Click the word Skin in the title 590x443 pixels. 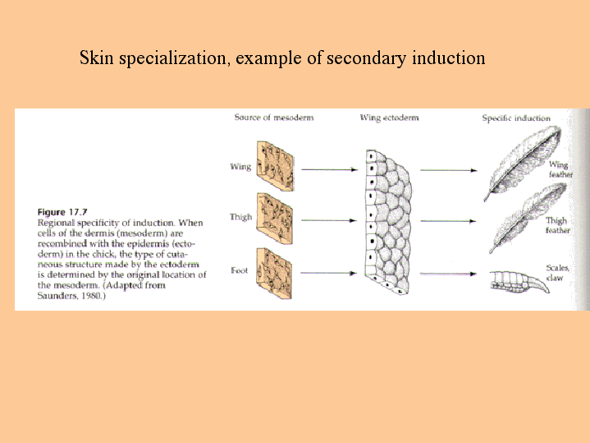pyautogui.click(x=96, y=58)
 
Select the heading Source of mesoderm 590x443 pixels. pyautogui.click(x=274, y=118)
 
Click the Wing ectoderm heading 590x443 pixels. pyautogui.click(x=390, y=118)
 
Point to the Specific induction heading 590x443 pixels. pyautogui.click(x=516, y=118)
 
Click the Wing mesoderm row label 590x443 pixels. pyautogui.click(x=240, y=167)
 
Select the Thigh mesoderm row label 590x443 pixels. pyautogui.click(x=240, y=217)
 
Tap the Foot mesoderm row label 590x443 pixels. pyautogui.click(x=240, y=270)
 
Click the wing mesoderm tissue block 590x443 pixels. pyautogui.click(x=275, y=166)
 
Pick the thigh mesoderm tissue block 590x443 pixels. pyautogui.click(x=275, y=219)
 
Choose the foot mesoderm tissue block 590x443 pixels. pyautogui.click(x=274, y=274)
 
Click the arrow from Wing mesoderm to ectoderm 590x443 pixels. pyautogui.click(x=329, y=169)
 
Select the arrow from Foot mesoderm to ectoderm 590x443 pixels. pyautogui.click(x=328, y=273)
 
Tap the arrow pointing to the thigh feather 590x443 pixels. pyautogui.click(x=449, y=221)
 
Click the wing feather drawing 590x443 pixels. pyautogui.click(x=523, y=162)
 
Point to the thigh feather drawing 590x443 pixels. pyautogui.click(x=528, y=218)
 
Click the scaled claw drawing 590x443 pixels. pyautogui.click(x=519, y=283)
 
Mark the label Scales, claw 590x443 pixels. pyautogui.click(x=558, y=273)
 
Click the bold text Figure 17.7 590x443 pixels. pyautogui.click(x=62, y=212)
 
